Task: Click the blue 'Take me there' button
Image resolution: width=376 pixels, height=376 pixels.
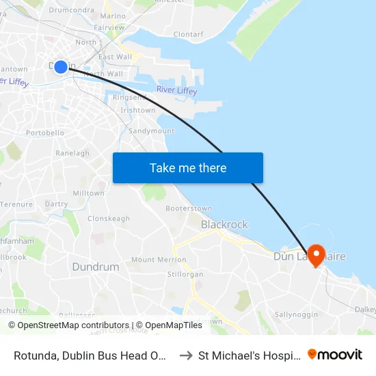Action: pos(188,168)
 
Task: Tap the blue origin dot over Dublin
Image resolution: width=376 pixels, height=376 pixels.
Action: pos(60,66)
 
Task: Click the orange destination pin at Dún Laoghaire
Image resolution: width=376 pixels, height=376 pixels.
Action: pos(317,255)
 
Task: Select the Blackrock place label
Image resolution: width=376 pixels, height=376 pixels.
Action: pos(224,225)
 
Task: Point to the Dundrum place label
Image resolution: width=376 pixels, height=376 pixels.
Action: pos(96,267)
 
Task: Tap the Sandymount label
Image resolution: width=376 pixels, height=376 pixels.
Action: pos(151,131)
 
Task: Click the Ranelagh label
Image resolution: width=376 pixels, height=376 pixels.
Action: pos(72,153)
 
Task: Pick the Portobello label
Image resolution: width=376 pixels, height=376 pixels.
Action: pos(44,132)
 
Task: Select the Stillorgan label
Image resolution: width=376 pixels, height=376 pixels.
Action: pos(185,274)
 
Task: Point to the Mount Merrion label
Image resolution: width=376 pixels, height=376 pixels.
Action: pos(159,260)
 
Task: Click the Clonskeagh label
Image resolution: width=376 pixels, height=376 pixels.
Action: pos(109,219)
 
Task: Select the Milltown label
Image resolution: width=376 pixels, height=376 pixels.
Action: pos(88,193)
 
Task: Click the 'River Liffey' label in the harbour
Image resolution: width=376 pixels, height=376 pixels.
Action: pos(176,91)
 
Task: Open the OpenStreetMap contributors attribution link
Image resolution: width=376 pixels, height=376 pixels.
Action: pos(68,325)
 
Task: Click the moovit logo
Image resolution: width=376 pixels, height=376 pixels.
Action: pos(335,354)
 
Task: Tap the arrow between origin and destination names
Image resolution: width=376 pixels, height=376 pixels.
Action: pos(185,355)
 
